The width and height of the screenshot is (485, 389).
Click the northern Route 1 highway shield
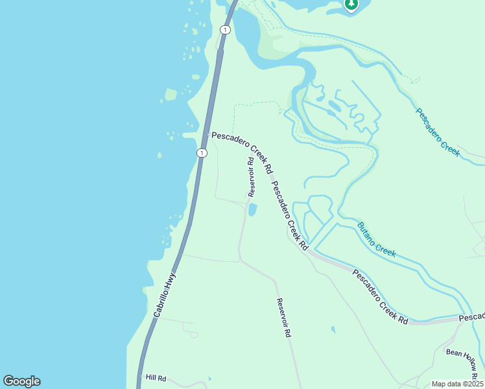tap(224, 30)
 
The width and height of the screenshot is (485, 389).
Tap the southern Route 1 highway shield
tap(202, 153)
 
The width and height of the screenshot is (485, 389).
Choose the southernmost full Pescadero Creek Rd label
tap(379, 296)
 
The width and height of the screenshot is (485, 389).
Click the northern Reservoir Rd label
tap(252, 176)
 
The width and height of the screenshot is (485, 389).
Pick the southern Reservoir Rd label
tap(283, 317)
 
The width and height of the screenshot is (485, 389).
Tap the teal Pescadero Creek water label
tap(438, 132)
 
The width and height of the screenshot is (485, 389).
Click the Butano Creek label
tap(376, 239)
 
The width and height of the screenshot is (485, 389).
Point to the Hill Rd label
tap(156, 378)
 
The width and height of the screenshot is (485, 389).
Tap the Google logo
tap(21, 381)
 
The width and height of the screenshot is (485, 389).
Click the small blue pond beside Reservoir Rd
tap(252, 210)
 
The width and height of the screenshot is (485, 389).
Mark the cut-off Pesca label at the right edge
tap(472, 316)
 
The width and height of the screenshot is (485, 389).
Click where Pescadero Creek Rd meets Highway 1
tap(206, 135)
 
